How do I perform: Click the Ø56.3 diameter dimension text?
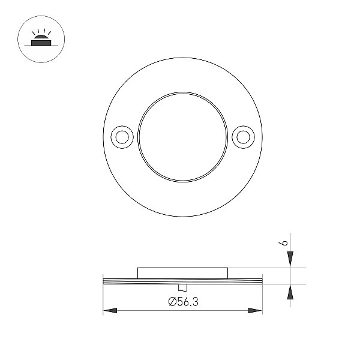[183, 301]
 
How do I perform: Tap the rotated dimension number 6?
[284, 243]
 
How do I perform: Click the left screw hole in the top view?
[122, 137]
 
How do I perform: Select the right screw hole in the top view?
[243, 137]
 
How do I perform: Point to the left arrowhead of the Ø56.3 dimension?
[110, 311]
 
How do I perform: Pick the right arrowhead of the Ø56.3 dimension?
[255, 311]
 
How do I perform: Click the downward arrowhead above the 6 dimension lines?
[290, 259]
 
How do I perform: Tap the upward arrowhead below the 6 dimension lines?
[290, 292]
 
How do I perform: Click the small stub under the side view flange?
[183, 287]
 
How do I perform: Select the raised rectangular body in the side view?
[183, 273]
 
